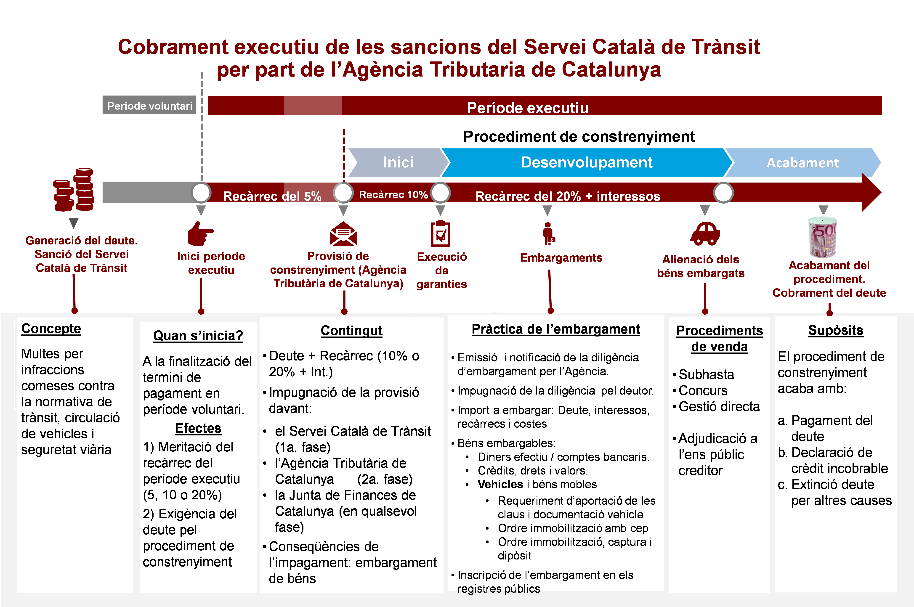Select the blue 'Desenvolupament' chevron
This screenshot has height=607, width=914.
pyautogui.click(x=587, y=162)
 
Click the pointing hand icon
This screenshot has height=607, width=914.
pyautogui.click(x=200, y=233)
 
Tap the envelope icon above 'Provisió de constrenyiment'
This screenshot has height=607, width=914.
pyautogui.click(x=343, y=233)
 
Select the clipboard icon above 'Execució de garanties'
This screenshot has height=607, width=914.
pyautogui.click(x=441, y=233)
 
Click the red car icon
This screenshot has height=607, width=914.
pyautogui.click(x=705, y=233)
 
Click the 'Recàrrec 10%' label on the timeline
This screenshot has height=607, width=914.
pyautogui.click(x=393, y=194)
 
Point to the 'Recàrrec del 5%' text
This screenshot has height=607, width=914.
pyautogui.click(x=272, y=196)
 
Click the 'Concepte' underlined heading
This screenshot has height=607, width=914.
pyautogui.click(x=51, y=329)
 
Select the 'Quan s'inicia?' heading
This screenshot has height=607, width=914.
pyautogui.click(x=198, y=336)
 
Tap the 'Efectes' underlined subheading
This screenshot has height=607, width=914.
pyautogui.click(x=198, y=428)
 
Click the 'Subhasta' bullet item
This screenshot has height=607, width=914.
pyautogui.click(x=706, y=374)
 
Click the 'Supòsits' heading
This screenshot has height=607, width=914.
pyautogui.click(x=835, y=330)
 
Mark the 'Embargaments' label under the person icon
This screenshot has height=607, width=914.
pyautogui.click(x=561, y=258)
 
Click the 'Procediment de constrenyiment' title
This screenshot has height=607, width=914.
pyautogui.click(x=579, y=137)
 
